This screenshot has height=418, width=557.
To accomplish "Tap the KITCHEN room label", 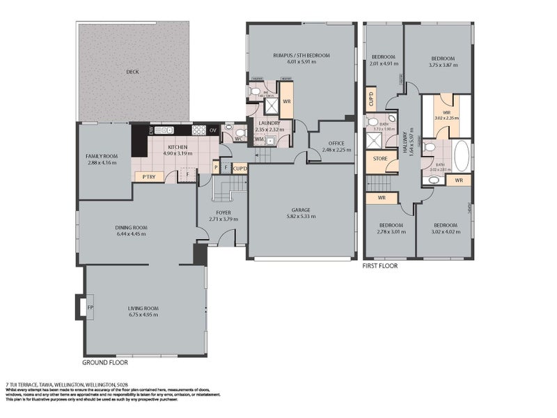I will point(178,147).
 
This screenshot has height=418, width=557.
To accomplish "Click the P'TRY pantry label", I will point(148,176).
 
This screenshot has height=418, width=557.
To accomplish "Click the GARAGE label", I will point(301,210).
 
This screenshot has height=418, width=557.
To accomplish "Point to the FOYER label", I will point(223,212).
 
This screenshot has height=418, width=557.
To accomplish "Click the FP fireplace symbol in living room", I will point(81,306).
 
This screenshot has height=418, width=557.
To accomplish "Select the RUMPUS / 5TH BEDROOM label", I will point(301,55).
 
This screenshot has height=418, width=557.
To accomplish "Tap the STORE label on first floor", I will point(380,158).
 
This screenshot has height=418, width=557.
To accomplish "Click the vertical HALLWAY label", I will point(413,146).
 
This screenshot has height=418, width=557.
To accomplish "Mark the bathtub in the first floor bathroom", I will point(461,157).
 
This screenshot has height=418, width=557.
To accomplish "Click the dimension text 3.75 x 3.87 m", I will point(443,64).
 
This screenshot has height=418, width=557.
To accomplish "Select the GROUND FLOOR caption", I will point(105,362).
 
